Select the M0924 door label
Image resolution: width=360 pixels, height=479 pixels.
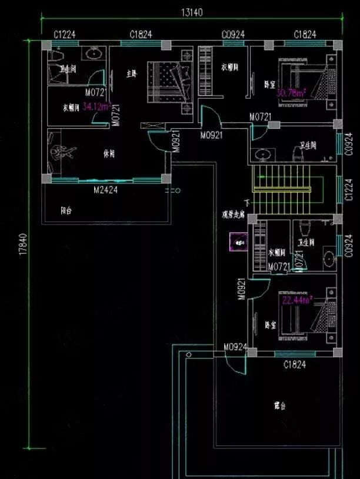pos(234,348)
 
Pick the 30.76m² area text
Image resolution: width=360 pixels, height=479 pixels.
pos(291,93)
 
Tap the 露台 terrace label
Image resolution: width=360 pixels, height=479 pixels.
pos(279,406)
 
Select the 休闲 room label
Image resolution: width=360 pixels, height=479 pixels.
pos(109,154)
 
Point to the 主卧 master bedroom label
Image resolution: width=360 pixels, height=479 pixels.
pos(132,73)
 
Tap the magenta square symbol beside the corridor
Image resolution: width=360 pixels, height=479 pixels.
pos(239,242)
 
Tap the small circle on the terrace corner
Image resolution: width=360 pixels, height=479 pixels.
pos(188,355)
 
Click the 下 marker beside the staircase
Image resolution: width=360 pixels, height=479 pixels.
pos(247,203)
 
